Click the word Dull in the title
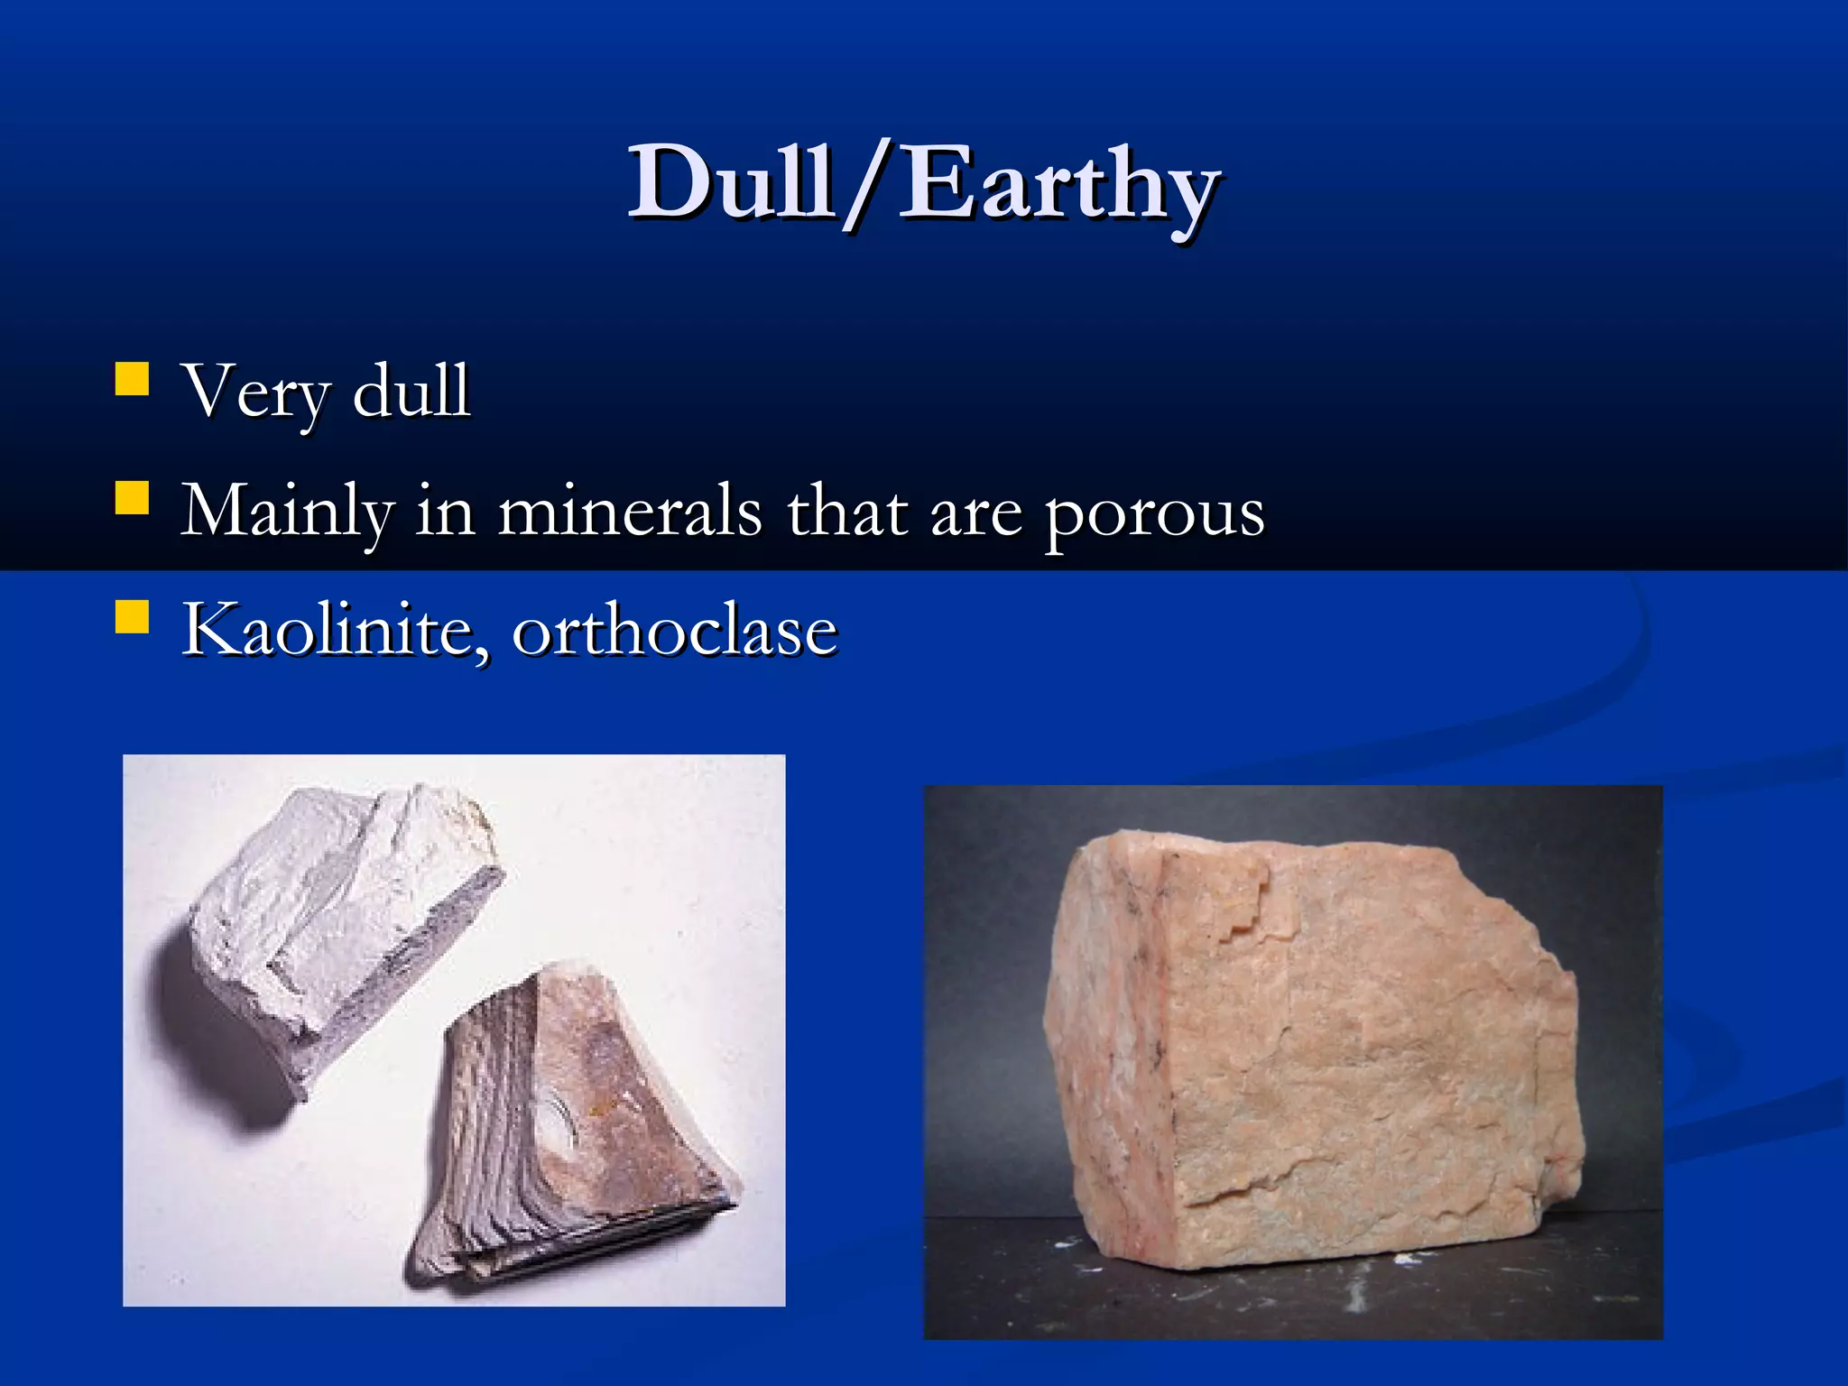(x=731, y=182)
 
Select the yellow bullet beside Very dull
(x=132, y=380)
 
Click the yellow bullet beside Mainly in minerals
(x=132, y=498)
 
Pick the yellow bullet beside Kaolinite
(x=132, y=617)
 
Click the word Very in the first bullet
(x=257, y=393)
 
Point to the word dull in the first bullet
(x=411, y=390)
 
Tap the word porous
(x=1154, y=514)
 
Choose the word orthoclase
(x=675, y=630)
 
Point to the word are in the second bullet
(x=975, y=514)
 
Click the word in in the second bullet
(x=444, y=511)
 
